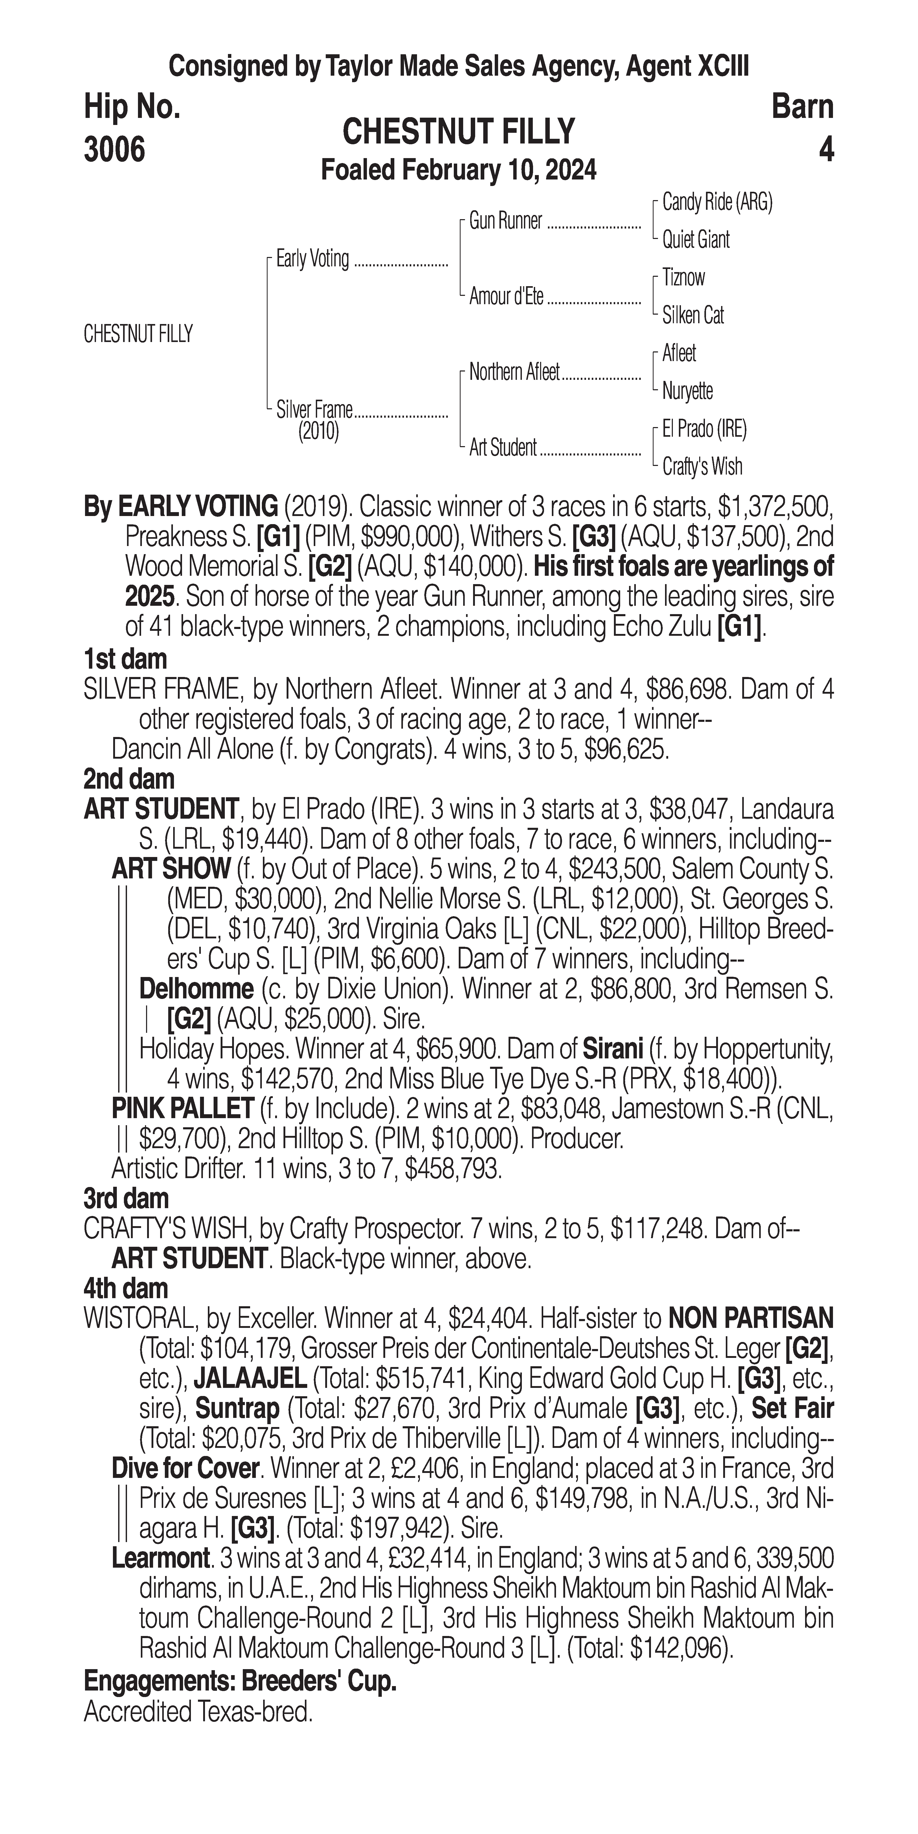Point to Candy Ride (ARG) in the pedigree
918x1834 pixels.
click(717, 203)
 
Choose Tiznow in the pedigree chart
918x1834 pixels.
click(683, 278)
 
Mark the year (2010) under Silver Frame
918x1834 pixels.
click(318, 431)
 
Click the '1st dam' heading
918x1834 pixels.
click(125, 659)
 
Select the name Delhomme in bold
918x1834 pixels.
click(196, 989)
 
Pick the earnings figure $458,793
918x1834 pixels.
click(452, 1168)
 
